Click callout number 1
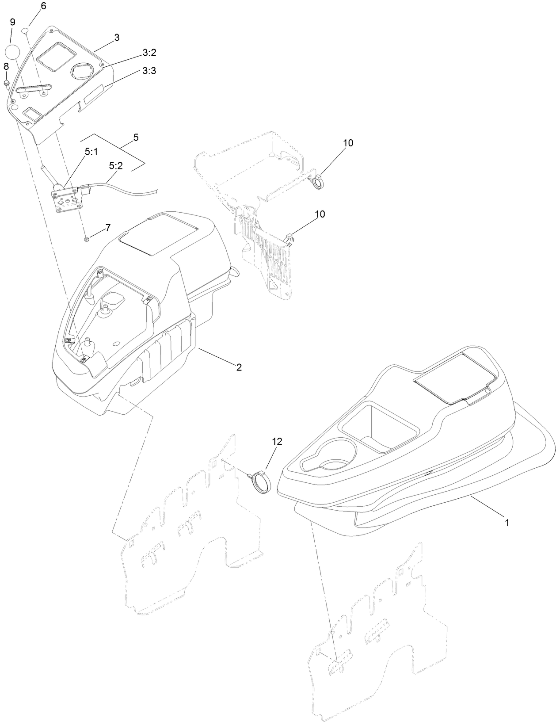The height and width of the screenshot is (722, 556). [507, 522]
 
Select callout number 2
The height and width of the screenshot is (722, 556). [239, 367]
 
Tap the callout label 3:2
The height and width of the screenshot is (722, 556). [149, 53]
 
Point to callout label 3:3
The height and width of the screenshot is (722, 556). [149, 71]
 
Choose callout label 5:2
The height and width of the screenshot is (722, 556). [115, 166]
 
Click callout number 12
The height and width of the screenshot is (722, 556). [277, 441]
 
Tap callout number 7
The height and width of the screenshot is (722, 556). [107, 228]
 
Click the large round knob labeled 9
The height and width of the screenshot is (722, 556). [13, 51]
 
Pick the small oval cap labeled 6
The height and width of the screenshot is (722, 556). [25, 30]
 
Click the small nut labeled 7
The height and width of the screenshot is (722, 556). [87, 239]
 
